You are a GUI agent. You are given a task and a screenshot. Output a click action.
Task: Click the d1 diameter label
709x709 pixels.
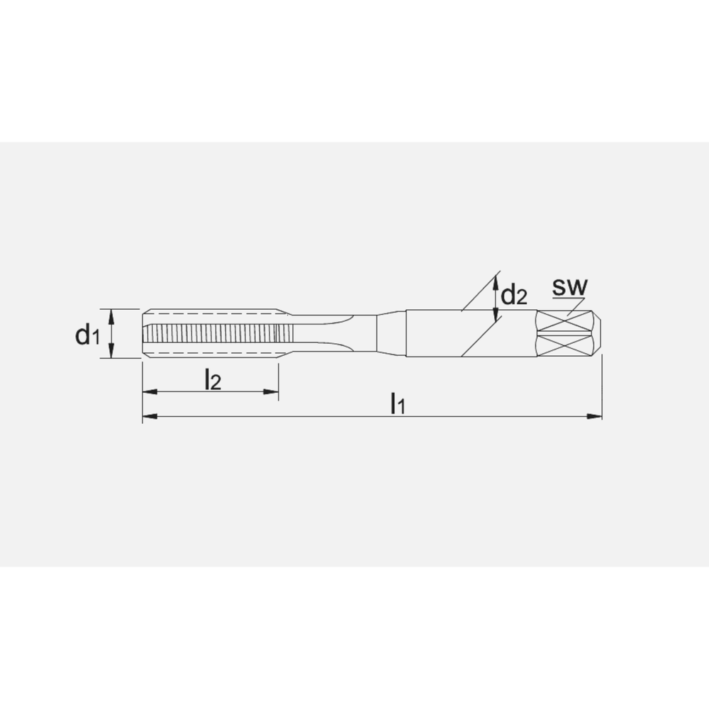tap(87, 334)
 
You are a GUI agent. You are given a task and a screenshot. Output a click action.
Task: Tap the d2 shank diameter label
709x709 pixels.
tap(514, 295)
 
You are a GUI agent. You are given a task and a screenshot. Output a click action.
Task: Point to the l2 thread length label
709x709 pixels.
tap(212, 381)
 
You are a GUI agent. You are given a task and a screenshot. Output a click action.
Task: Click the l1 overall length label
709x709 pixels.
tap(398, 403)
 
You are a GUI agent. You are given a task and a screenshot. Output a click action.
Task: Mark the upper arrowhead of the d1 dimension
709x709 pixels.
tap(111, 314)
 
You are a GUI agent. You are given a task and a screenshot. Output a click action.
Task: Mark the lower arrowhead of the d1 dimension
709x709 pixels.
tap(111, 353)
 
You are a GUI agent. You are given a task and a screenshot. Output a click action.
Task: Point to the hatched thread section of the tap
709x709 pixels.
tap(213, 333)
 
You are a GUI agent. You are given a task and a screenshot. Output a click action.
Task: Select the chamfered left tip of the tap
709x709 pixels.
tap(145, 333)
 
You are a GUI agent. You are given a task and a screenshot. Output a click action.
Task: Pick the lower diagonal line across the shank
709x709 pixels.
tap(482, 337)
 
